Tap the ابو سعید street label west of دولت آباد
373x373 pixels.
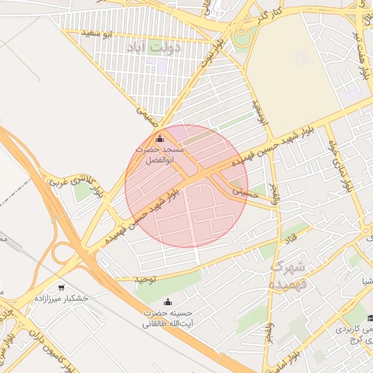point(97,34)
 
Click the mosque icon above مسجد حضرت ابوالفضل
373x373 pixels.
point(160,138)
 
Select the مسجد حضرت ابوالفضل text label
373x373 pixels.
point(160,154)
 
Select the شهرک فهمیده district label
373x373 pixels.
point(290,275)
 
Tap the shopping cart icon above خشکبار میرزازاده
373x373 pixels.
point(61,287)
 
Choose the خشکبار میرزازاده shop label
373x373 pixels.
point(61,299)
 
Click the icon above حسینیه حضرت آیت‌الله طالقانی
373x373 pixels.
point(168,302)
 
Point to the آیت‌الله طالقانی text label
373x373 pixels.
point(168,323)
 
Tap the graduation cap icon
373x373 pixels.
point(369,318)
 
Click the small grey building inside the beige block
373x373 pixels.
point(302,58)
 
